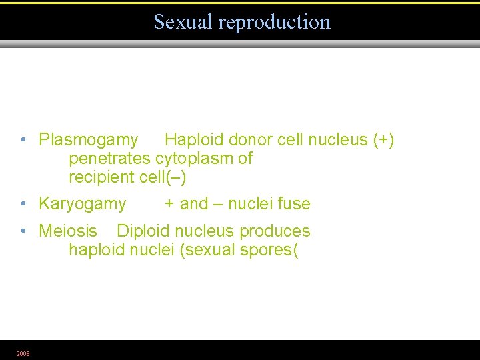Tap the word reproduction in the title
click(x=274, y=22)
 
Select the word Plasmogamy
click(x=89, y=140)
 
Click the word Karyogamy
click(x=83, y=204)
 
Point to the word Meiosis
click(x=68, y=231)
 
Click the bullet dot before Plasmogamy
click(x=23, y=140)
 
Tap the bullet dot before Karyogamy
click(x=23, y=204)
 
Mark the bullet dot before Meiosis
click(x=23, y=231)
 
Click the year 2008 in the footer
click(x=23, y=353)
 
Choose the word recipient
click(x=102, y=177)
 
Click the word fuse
click(x=294, y=204)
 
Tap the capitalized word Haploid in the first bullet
click(x=194, y=140)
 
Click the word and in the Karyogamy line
click(x=194, y=204)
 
